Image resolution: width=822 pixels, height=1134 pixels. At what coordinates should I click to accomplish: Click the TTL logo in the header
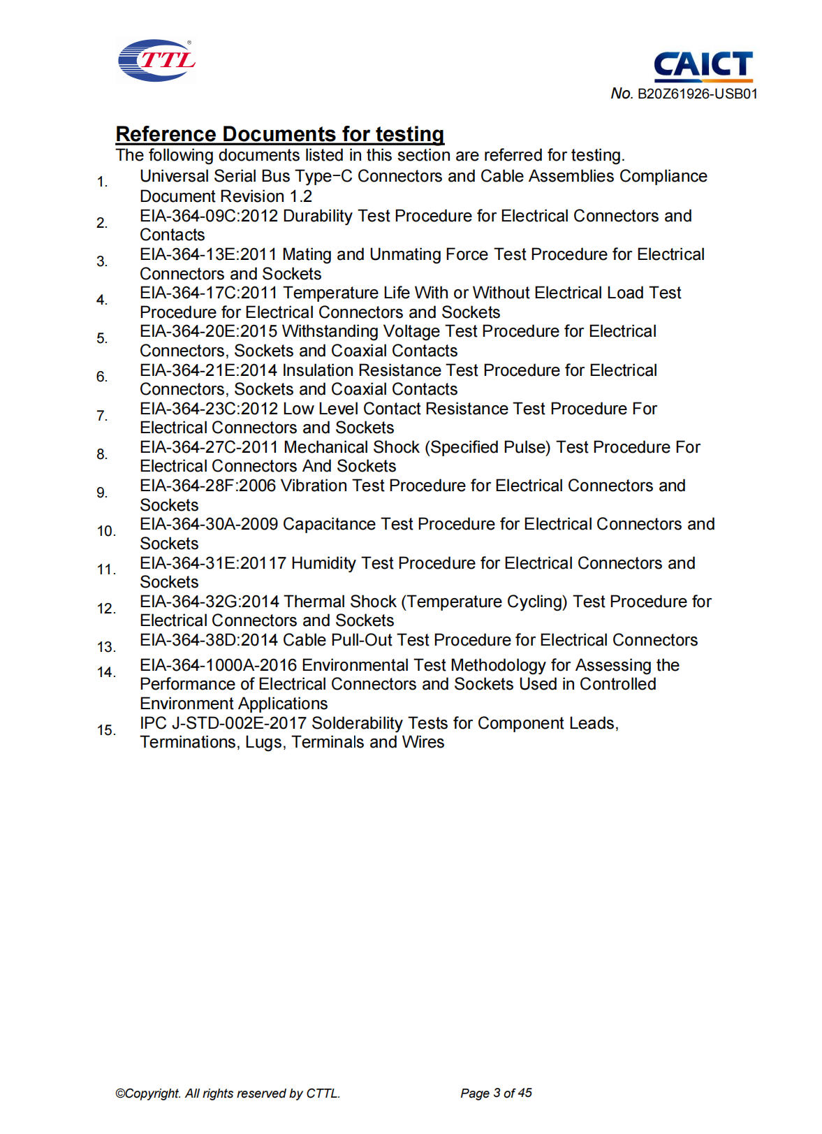pyautogui.click(x=156, y=61)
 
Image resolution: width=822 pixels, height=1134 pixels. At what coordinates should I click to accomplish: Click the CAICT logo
pyautogui.click(x=703, y=66)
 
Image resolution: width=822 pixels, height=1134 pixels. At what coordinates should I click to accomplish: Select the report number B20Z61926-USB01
pyautogui.click(x=697, y=94)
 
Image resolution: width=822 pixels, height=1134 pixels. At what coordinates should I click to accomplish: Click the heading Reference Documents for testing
pyautogui.click(x=279, y=134)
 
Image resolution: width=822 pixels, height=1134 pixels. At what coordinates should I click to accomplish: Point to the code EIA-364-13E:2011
pyautogui.click(x=208, y=255)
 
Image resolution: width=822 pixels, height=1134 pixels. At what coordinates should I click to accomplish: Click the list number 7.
pyautogui.click(x=102, y=416)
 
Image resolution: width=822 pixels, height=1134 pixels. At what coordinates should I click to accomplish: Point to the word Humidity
pyautogui.click(x=323, y=564)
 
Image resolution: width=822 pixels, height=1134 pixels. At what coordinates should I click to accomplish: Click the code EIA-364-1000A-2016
pyautogui.click(x=218, y=666)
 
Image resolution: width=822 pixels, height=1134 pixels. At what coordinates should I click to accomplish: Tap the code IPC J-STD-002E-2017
pyautogui.click(x=223, y=724)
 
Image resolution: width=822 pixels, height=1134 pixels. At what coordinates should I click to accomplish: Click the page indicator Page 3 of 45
pyautogui.click(x=496, y=1093)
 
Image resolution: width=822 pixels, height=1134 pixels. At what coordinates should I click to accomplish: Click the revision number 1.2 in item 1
pyautogui.click(x=301, y=197)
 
